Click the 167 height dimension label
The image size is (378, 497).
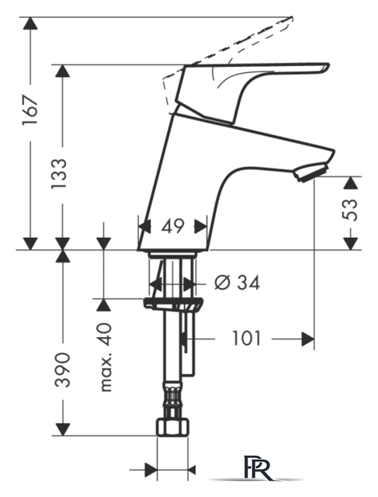(30, 109)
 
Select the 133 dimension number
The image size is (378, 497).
(59, 174)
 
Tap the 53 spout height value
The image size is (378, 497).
(350, 210)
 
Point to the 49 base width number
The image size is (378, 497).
(172, 226)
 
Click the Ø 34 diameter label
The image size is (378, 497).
(238, 283)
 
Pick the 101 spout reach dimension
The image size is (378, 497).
(247, 339)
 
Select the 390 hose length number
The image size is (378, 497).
(62, 370)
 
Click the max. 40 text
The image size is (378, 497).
(106, 357)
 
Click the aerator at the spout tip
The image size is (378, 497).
(310, 172)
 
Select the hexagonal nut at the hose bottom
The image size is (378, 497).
(173, 427)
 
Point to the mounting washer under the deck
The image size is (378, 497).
(172, 303)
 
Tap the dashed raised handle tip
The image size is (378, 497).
(290, 19)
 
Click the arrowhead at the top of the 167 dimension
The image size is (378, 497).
(30, 23)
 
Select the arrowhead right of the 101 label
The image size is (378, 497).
(308, 339)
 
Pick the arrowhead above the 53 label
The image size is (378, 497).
(350, 183)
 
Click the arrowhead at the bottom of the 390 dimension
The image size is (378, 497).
(62, 429)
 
